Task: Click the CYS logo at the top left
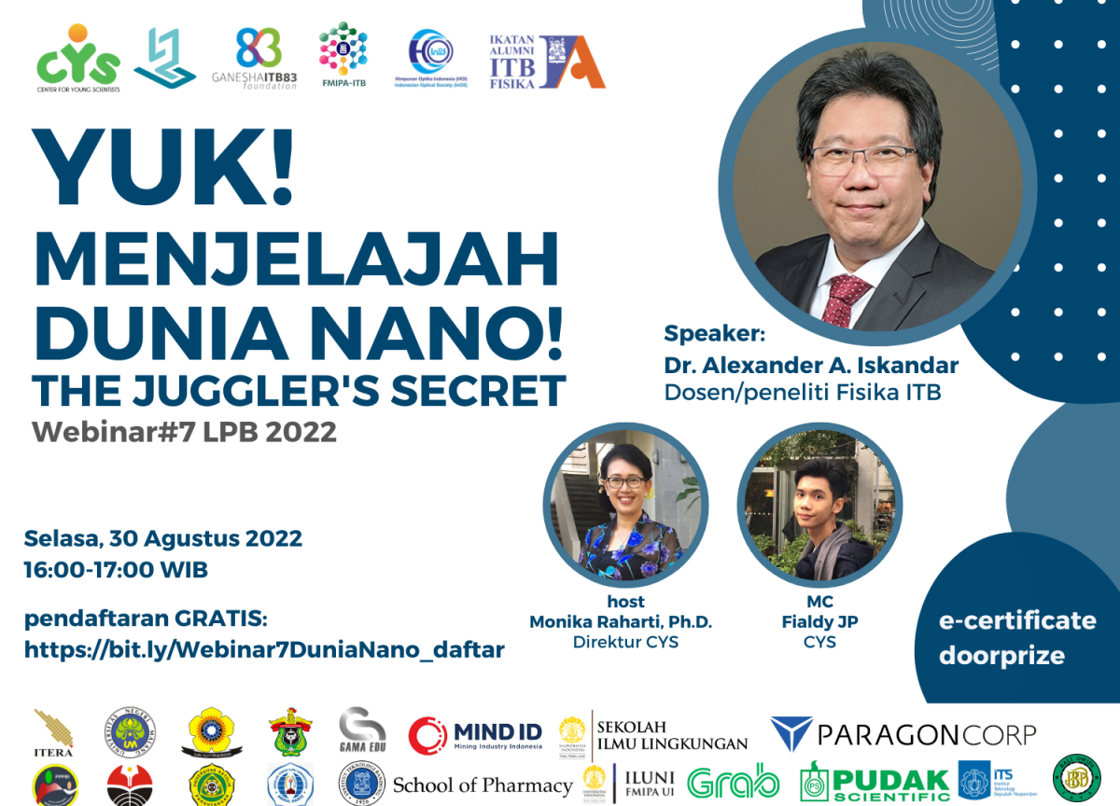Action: click(78, 58)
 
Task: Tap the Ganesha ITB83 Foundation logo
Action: click(266, 58)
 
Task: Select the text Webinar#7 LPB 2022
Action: click(184, 433)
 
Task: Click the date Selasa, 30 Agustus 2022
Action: click(163, 538)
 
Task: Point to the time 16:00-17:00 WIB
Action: click(116, 569)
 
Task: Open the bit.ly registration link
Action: click(264, 649)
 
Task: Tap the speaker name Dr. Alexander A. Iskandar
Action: click(811, 365)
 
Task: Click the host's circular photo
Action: click(625, 507)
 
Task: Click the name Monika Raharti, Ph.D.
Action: click(621, 621)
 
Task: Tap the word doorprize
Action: click(1001, 655)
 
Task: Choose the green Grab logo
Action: click(734, 782)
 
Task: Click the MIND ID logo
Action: click(476, 735)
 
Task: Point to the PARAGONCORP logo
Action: click(903, 734)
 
